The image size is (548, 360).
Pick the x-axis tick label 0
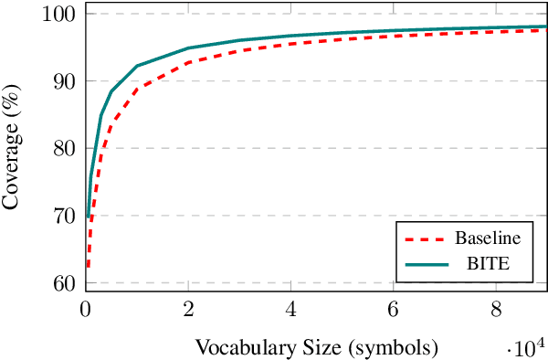click(x=86, y=308)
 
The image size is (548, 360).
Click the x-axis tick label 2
click(x=188, y=308)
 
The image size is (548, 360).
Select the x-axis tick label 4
click(x=291, y=308)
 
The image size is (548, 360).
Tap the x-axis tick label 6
click(x=394, y=308)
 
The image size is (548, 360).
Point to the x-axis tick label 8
click(x=496, y=308)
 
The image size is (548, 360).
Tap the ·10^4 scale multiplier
click(x=524, y=347)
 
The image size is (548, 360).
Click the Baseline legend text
click(x=488, y=239)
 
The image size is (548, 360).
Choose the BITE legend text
click(x=488, y=264)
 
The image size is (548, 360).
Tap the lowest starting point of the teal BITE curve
click(x=88, y=217)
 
